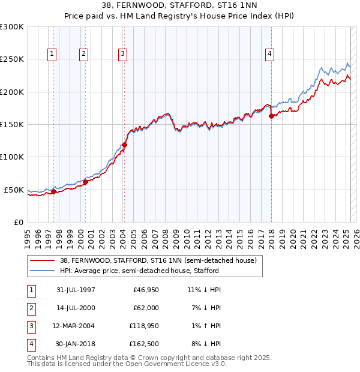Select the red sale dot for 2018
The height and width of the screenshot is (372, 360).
[271, 116]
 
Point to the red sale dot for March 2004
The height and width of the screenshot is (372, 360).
[125, 145]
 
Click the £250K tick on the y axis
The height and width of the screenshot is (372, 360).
[12, 59]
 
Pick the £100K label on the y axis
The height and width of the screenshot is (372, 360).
[12, 157]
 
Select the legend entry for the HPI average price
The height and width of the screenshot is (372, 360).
[139, 271]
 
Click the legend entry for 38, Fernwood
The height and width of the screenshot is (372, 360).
[158, 260]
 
